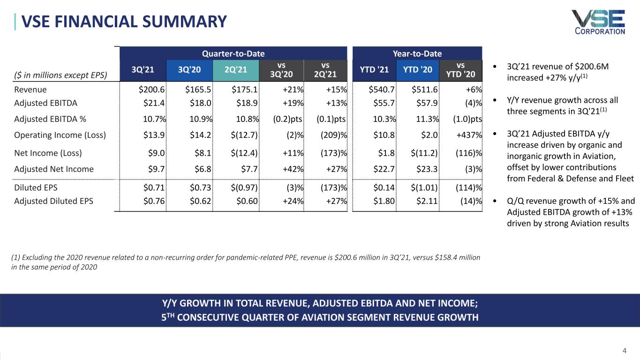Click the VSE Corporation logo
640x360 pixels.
[598, 22]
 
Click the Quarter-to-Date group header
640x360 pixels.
[233, 53]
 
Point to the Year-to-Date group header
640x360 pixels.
[417, 53]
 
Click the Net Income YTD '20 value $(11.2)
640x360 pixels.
[424, 153]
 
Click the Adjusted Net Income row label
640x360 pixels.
[54, 169]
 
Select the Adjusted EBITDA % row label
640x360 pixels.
[50, 119]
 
